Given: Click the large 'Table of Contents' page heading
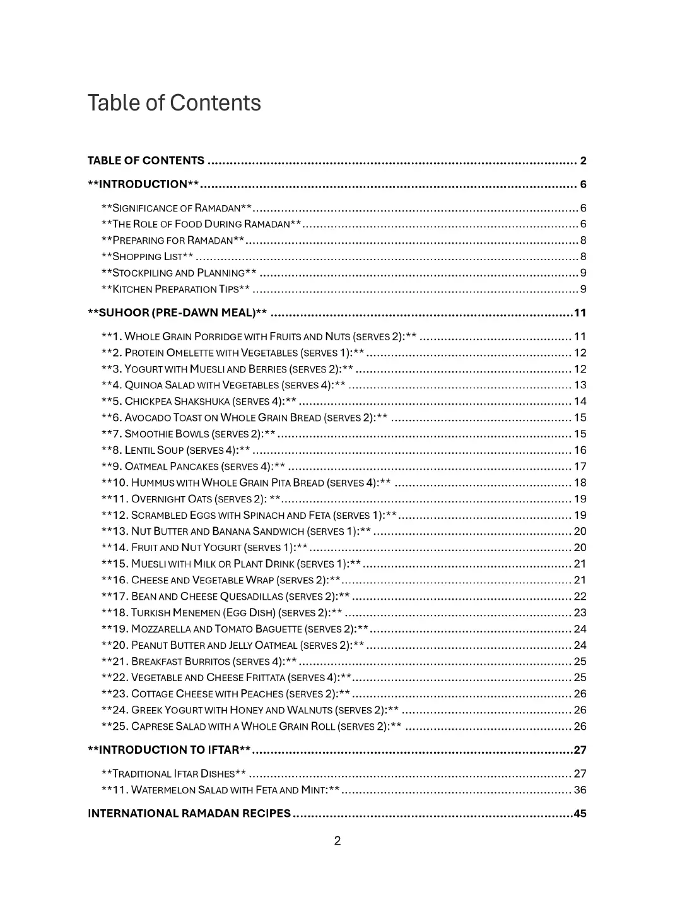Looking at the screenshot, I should [x=174, y=103].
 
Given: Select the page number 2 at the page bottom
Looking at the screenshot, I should [x=337, y=841].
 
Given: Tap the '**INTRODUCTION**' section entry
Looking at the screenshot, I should [x=144, y=184].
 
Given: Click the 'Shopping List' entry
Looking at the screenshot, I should [x=148, y=256].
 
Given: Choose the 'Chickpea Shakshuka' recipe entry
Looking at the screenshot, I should [x=199, y=401].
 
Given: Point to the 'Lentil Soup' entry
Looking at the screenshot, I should [x=176, y=450].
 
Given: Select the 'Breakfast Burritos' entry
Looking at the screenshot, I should [x=199, y=662].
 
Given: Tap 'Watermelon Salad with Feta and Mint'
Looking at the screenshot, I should [x=221, y=790].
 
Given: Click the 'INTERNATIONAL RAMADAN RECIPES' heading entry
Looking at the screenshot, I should [x=189, y=813].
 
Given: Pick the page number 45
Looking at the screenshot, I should [x=580, y=813].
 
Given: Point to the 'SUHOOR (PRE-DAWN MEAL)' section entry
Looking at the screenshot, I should [x=177, y=313].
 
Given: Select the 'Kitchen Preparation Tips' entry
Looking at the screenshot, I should [x=176, y=289].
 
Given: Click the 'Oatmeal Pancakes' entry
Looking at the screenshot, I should [x=194, y=466].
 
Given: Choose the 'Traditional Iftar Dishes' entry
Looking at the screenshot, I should [x=174, y=774].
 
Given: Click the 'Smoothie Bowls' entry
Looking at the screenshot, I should [x=189, y=434].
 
